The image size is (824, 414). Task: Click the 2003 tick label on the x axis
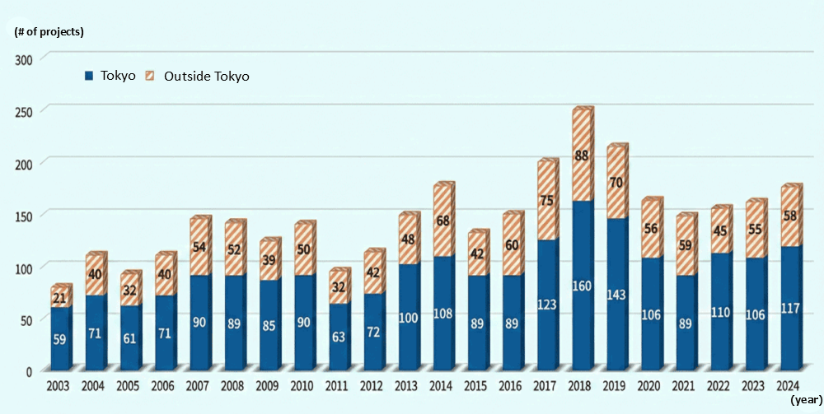point(58,385)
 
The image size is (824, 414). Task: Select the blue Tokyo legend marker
point(89,76)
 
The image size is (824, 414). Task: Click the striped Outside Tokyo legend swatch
point(151,76)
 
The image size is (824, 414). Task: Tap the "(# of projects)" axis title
point(49,32)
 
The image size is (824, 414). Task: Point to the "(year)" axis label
point(803,399)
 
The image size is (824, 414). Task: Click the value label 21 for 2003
point(59,298)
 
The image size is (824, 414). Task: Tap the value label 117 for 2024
point(790,309)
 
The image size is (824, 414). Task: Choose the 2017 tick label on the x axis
point(546,385)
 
